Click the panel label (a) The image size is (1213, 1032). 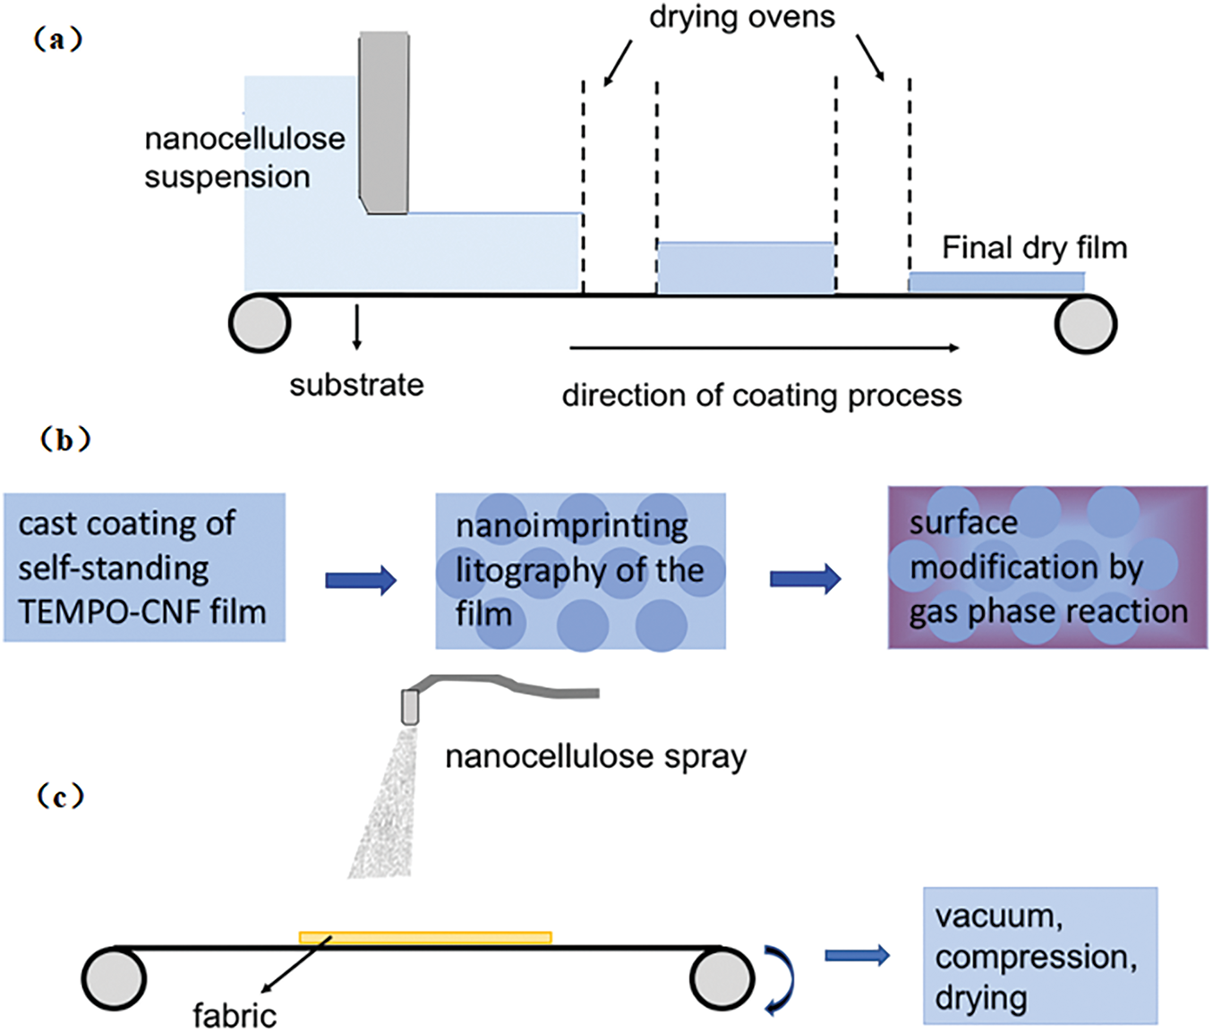pyautogui.click(x=58, y=40)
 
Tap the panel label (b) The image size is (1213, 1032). pyautogui.click(x=64, y=440)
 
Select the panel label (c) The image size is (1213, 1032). pyautogui.click(x=60, y=796)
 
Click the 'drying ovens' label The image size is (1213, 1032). pyautogui.click(x=741, y=17)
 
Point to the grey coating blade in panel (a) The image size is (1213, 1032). pyautogui.click(x=384, y=122)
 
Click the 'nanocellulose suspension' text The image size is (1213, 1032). pyautogui.click(x=243, y=158)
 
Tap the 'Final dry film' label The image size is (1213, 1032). pyautogui.click(x=1034, y=248)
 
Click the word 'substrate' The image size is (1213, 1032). pyautogui.click(x=356, y=385)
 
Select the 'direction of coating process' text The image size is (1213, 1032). pyautogui.click(x=762, y=396)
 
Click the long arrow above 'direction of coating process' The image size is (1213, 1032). pyautogui.click(x=764, y=347)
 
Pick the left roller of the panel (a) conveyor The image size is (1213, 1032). pyautogui.click(x=260, y=323)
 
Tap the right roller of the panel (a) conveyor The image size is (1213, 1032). pyautogui.click(x=1085, y=323)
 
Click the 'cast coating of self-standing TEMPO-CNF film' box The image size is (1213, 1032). pyautogui.click(x=144, y=567)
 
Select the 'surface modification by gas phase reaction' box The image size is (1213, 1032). pyautogui.click(x=1047, y=567)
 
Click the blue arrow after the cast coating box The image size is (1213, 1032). pyautogui.click(x=361, y=580)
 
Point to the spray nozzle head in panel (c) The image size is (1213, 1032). pyautogui.click(x=410, y=706)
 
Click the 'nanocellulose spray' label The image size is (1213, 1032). pyautogui.click(x=595, y=757)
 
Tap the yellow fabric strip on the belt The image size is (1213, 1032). pyautogui.click(x=425, y=938)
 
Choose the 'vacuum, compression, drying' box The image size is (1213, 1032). pyautogui.click(x=1040, y=956)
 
